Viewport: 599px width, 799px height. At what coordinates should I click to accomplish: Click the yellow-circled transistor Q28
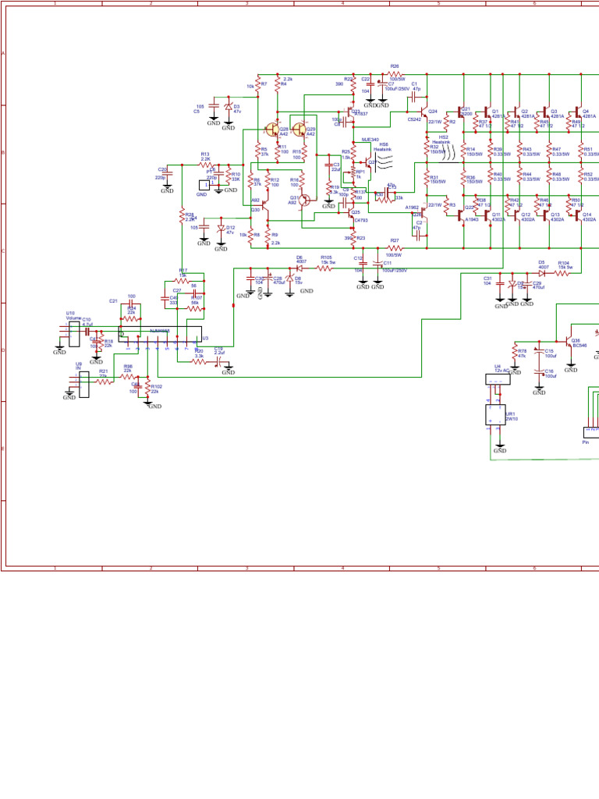click(x=272, y=129)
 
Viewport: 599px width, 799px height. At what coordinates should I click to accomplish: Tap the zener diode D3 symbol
click(x=228, y=107)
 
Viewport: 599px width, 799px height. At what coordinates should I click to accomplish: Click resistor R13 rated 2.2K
click(x=206, y=165)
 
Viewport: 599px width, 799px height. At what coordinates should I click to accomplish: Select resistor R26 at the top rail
click(x=395, y=74)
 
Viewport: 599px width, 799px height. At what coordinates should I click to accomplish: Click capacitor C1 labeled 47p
click(x=415, y=90)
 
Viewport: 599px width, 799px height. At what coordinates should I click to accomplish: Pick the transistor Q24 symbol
click(x=424, y=115)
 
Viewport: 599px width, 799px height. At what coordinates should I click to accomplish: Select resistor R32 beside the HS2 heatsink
click(x=427, y=147)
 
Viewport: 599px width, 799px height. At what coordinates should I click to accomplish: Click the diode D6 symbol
click(x=299, y=268)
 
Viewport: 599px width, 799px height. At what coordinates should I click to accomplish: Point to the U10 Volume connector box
click(x=75, y=336)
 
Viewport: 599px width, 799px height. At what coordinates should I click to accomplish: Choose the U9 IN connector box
click(x=83, y=383)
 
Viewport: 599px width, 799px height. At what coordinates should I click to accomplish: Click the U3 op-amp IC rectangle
click(x=160, y=336)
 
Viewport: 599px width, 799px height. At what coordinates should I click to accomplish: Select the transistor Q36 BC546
click(x=566, y=342)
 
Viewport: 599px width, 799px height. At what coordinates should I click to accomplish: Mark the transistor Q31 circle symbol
click(x=305, y=200)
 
